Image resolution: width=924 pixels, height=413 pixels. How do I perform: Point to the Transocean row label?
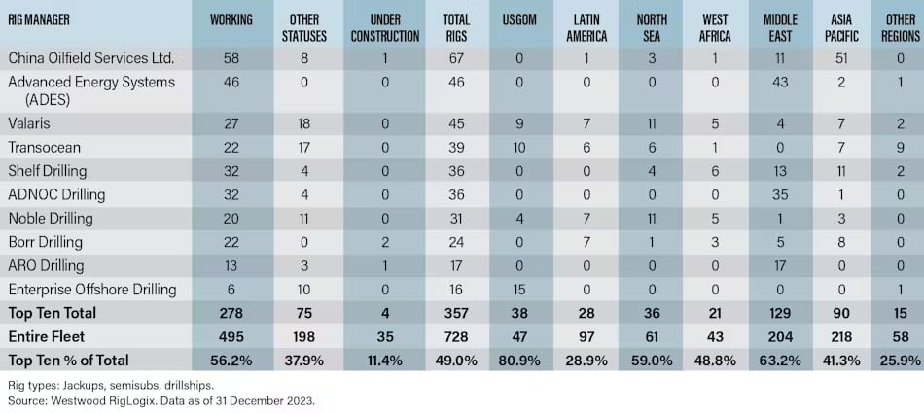click(43, 148)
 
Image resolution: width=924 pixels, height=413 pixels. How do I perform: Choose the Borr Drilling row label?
click(48, 242)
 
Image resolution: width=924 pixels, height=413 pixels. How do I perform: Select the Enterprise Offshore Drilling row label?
click(92, 289)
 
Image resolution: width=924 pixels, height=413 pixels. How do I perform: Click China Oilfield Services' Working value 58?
click(231, 59)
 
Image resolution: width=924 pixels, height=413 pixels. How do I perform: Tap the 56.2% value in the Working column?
click(231, 360)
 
